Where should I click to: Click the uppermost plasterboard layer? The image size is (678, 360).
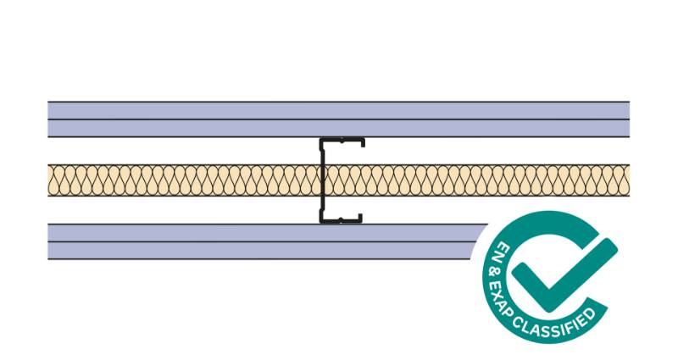tap(338, 111)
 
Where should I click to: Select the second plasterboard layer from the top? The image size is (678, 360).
tap(338, 129)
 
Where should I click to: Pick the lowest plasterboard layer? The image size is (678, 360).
tap(259, 251)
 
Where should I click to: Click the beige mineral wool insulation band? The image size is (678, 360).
tap(338, 180)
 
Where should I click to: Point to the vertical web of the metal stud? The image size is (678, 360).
tap(322, 180)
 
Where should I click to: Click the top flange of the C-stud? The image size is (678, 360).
tap(342, 140)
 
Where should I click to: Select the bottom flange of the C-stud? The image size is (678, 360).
tap(341, 221)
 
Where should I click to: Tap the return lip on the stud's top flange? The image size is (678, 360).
tap(364, 142)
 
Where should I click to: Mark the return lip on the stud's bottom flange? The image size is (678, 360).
tap(359, 219)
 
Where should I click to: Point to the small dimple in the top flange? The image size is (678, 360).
tap(342, 141)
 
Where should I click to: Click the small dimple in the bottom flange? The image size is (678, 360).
tap(341, 220)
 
